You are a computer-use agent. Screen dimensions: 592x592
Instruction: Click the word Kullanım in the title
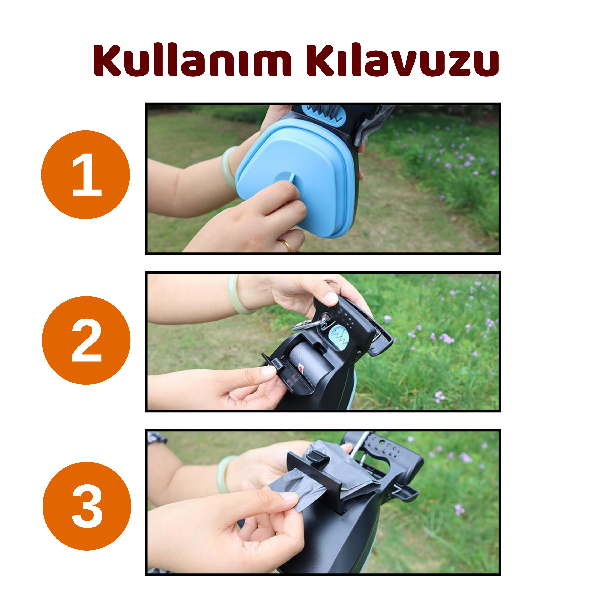tap(192, 60)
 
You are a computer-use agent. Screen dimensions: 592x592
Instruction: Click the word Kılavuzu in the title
tap(402, 60)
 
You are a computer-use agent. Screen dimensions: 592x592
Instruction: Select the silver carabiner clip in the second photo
tap(306, 324)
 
